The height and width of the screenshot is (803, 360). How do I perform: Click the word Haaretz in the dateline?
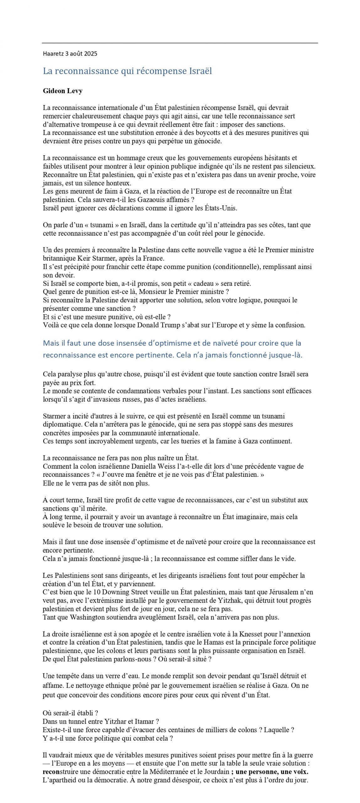53,54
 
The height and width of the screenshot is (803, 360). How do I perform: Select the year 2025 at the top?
91,54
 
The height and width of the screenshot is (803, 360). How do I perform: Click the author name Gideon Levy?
63,91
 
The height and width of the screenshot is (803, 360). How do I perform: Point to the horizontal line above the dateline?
180,43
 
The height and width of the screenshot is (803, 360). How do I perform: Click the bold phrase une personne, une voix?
272,772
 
